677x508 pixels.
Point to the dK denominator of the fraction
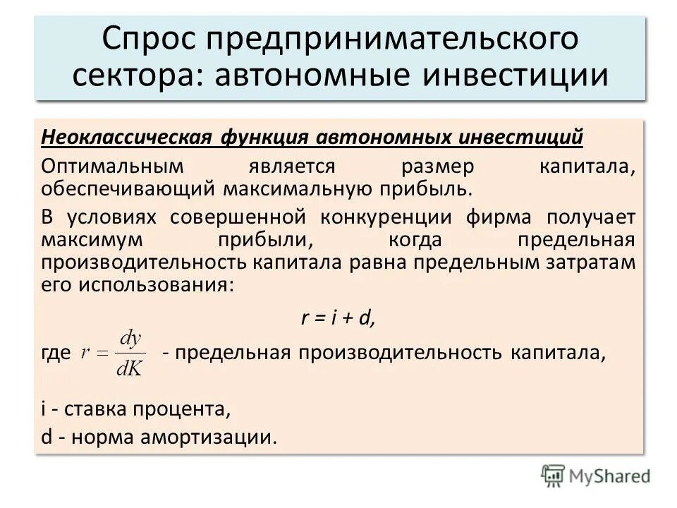pyautogui.click(x=130, y=368)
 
